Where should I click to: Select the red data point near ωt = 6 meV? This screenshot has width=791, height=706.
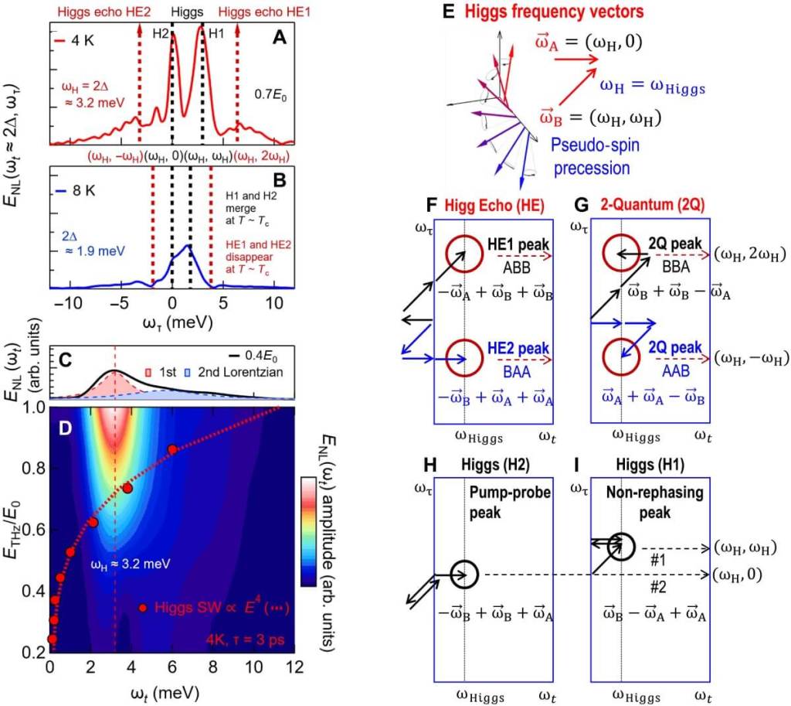(x=172, y=449)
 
